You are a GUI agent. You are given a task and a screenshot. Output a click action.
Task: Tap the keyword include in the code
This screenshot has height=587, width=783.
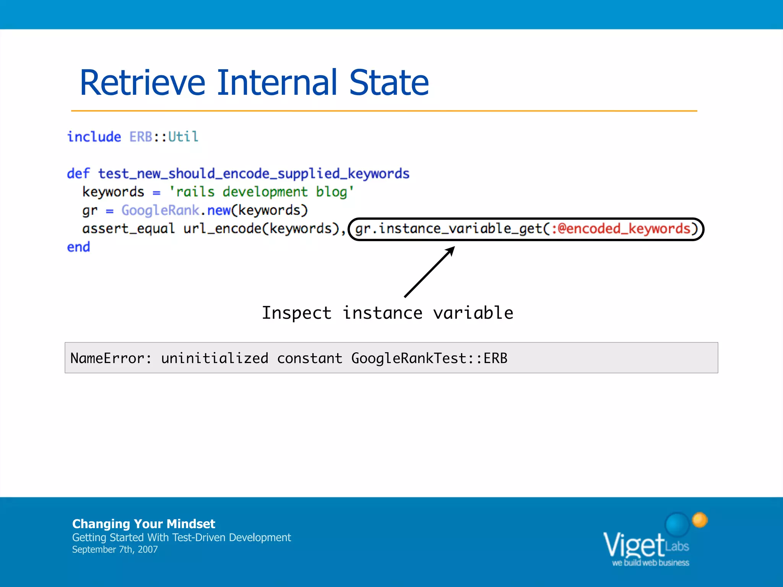click(94, 137)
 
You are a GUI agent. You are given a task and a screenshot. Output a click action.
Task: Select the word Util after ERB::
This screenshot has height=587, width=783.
click(183, 137)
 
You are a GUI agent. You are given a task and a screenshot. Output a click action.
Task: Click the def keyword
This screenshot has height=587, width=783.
click(78, 174)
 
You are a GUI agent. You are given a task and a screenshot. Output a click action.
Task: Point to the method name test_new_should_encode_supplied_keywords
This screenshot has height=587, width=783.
click(253, 174)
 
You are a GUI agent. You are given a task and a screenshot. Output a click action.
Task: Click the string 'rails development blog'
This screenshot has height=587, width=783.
click(262, 192)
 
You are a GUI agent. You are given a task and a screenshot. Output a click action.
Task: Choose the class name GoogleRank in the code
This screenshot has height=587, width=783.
click(160, 210)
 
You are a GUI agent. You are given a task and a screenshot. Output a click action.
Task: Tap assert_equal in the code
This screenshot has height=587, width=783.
click(128, 229)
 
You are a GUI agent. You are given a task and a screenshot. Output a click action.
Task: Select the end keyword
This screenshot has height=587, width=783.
click(78, 247)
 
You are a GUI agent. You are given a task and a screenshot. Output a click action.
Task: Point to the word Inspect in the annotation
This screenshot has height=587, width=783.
click(296, 313)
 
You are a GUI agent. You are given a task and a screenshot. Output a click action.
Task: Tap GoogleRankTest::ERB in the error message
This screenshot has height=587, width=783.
click(429, 358)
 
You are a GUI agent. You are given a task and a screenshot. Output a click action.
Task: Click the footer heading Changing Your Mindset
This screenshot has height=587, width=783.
click(143, 524)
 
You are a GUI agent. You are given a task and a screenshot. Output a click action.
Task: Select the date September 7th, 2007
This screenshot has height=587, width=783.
click(115, 550)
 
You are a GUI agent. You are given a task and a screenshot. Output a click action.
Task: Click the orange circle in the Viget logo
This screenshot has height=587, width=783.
click(700, 520)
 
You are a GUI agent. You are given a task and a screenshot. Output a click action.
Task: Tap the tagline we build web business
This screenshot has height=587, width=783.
click(650, 563)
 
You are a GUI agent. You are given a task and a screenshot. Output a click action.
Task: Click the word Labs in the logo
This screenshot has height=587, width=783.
click(677, 546)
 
